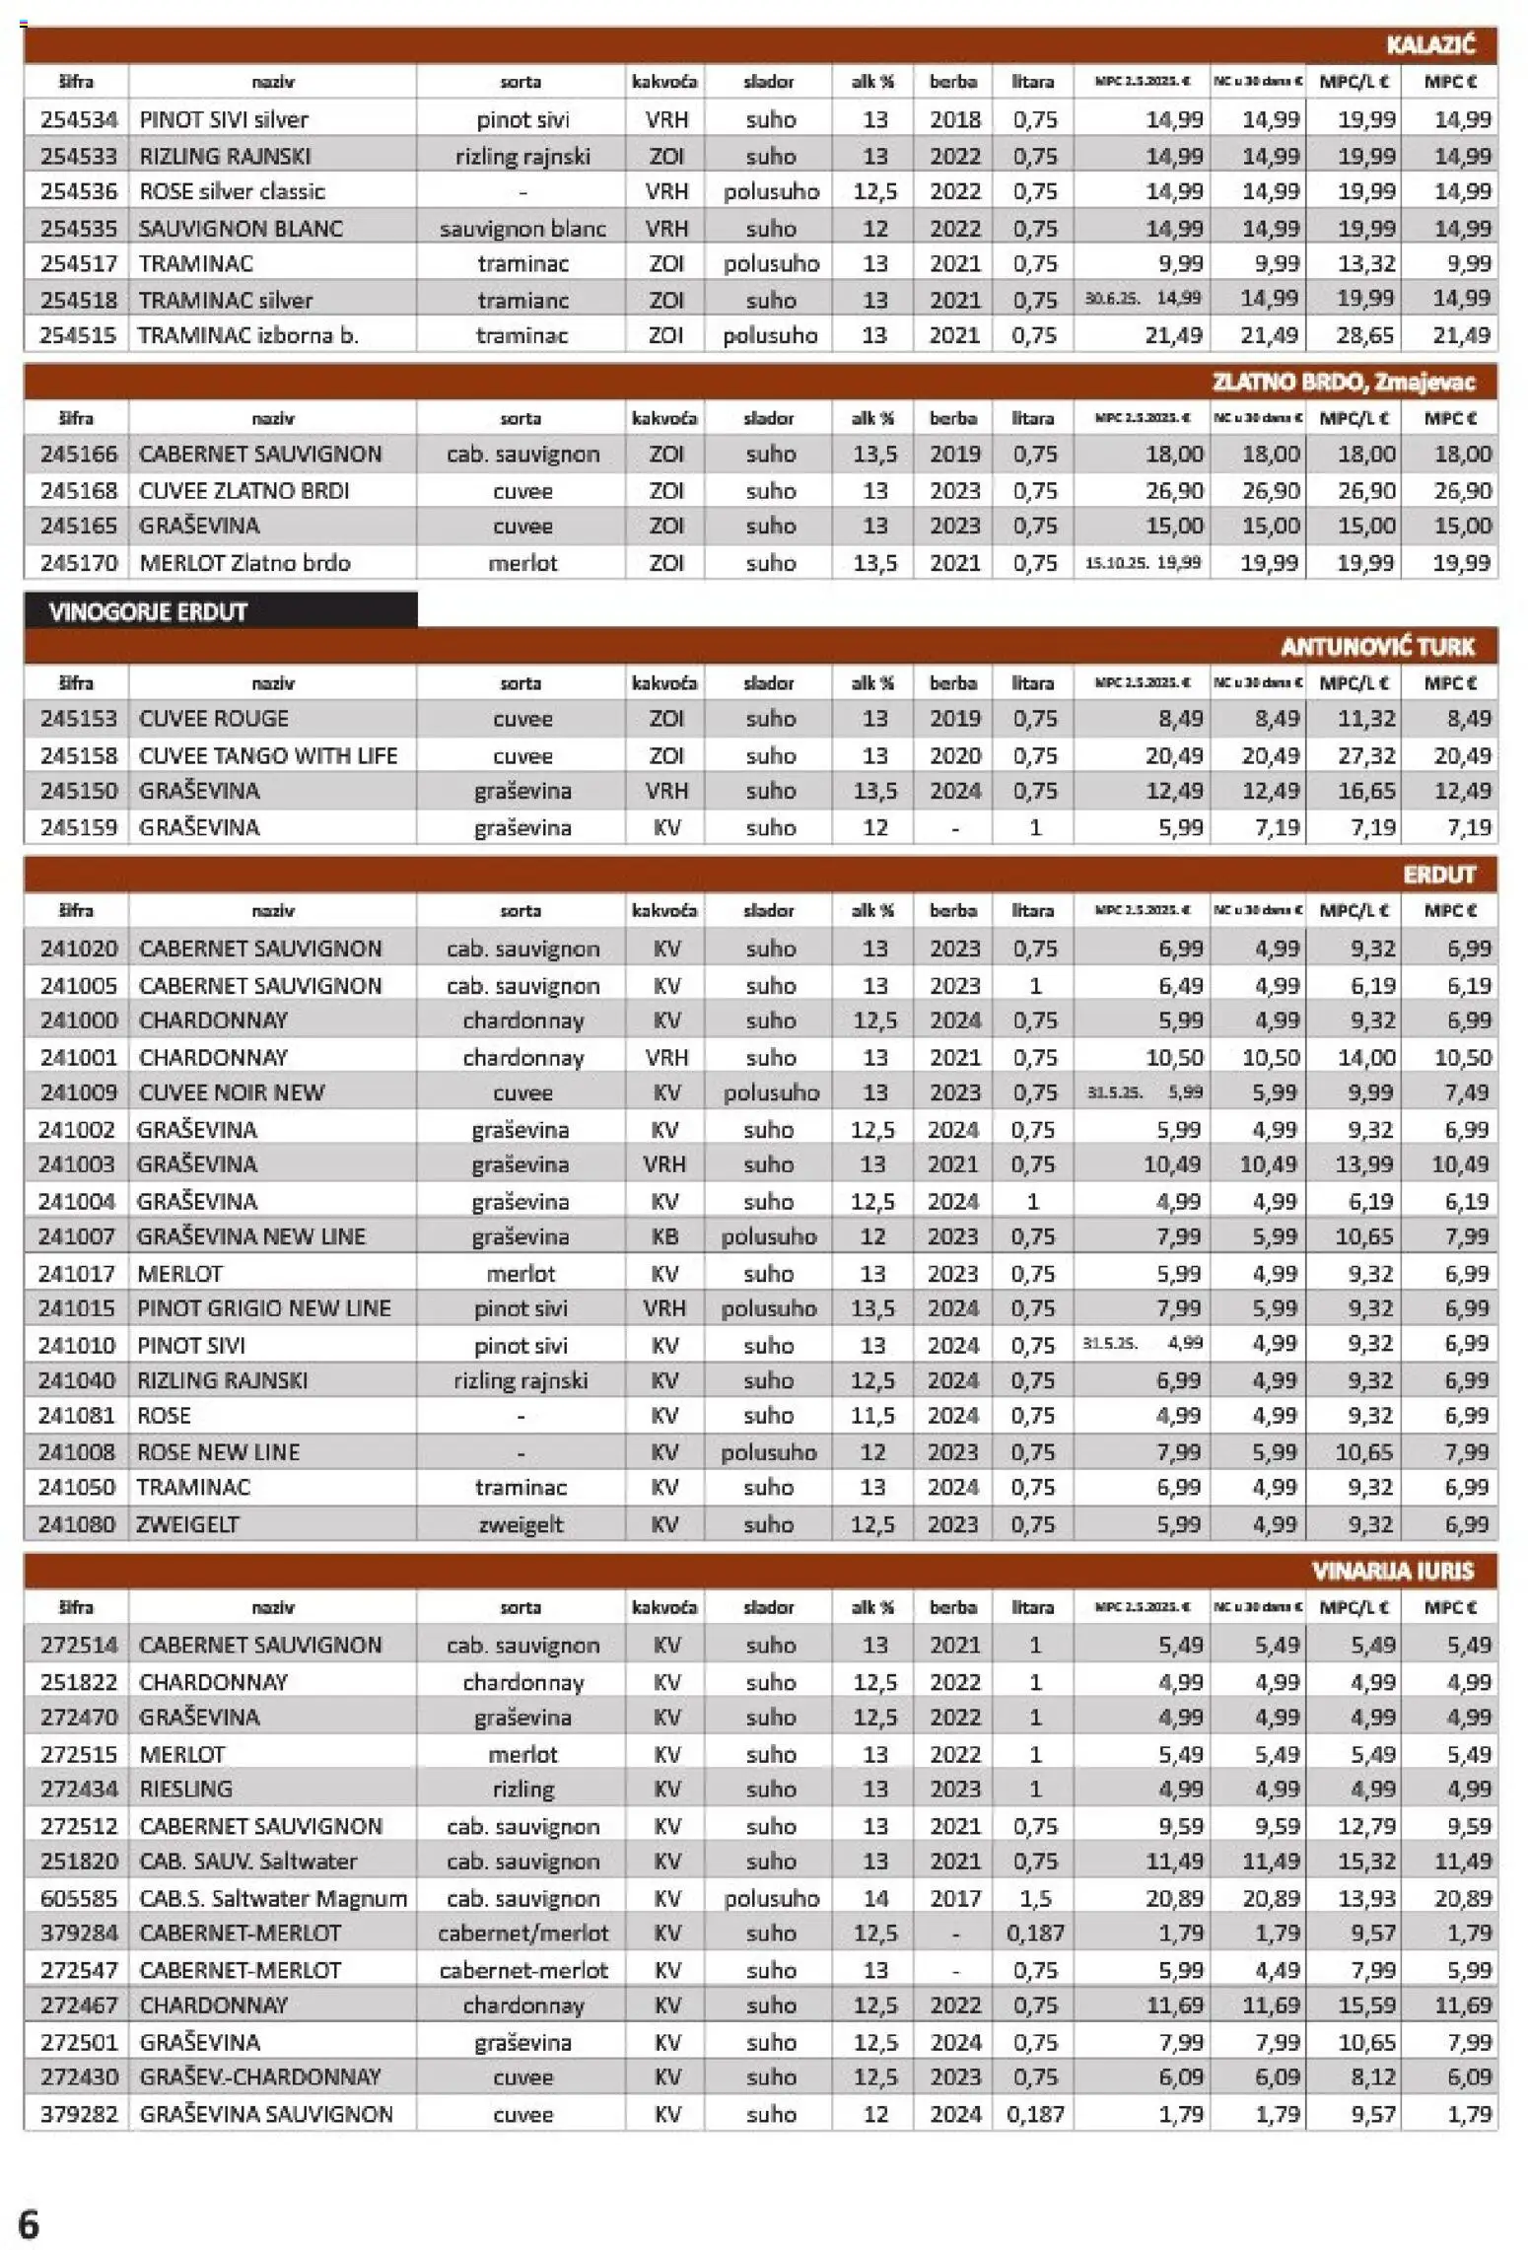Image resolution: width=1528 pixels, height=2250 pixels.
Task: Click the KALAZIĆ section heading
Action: pos(1428,44)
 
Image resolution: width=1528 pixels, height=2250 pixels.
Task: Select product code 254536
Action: pos(78,191)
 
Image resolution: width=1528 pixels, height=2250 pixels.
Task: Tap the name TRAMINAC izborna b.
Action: pos(248,335)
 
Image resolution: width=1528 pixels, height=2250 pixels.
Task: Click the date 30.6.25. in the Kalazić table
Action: pos(1111,299)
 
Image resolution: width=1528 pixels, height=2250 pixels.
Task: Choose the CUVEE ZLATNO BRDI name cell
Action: pos(243,491)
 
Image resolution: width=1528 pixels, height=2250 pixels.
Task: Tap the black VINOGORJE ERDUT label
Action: pos(148,611)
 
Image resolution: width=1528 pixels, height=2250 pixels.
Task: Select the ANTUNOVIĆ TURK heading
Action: pos(1376,647)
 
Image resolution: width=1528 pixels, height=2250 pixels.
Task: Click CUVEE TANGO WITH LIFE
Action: pos(267,756)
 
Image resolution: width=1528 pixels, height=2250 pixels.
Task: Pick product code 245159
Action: pos(78,828)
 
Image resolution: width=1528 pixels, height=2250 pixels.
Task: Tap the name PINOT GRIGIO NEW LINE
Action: pos(263,1309)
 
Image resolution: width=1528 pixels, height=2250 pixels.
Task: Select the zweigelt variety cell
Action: pos(521,1524)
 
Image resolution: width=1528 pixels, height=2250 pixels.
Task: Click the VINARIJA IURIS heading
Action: pos(1392,1571)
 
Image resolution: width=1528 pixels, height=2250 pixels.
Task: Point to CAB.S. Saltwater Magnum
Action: pos(272,1898)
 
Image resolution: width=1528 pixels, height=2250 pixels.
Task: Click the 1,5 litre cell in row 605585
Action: pos(1035,1898)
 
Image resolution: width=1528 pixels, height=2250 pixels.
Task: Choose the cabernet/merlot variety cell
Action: pos(522,1934)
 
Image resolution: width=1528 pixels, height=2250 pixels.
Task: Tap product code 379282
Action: pos(78,2114)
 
